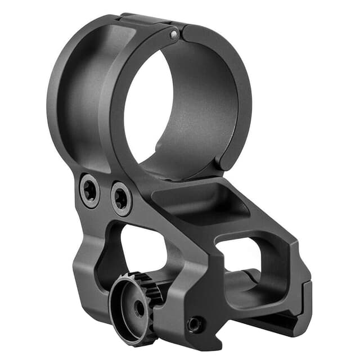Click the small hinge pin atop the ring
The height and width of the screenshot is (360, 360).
(x=174, y=35)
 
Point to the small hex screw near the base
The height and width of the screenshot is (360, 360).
(x=195, y=324)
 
